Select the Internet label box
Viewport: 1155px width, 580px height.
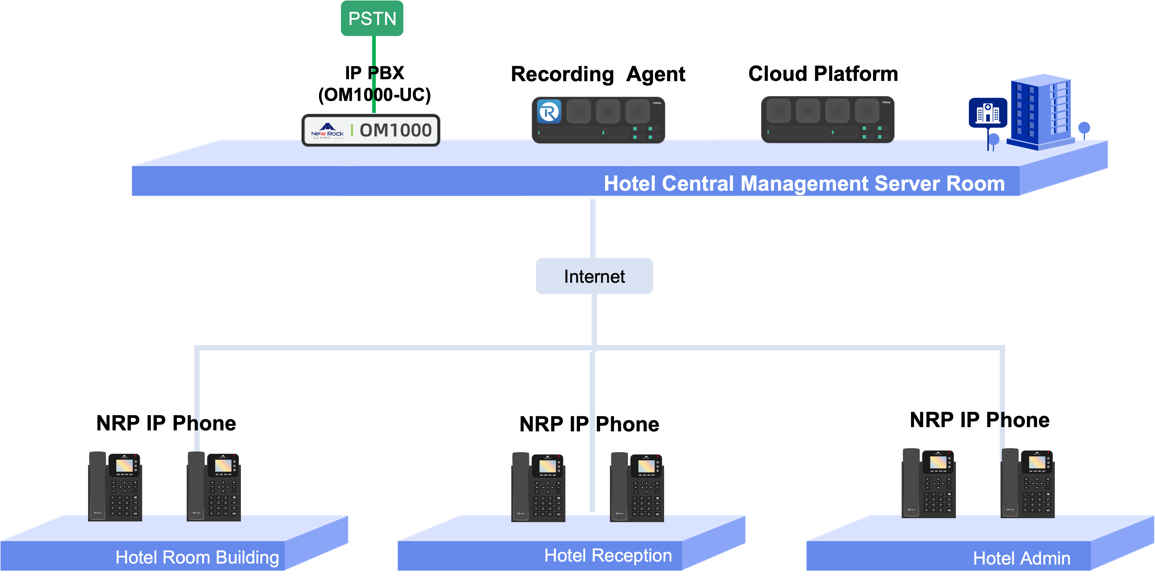point(594,276)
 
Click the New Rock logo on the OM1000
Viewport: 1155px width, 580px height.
point(327,130)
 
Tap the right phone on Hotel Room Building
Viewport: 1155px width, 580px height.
point(214,486)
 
